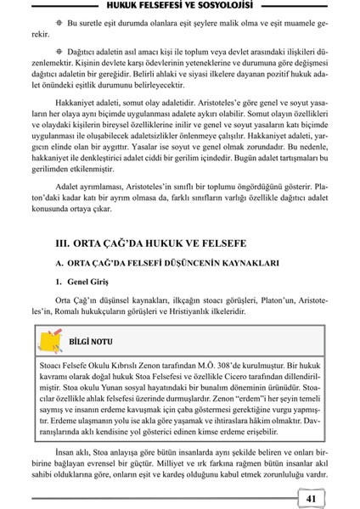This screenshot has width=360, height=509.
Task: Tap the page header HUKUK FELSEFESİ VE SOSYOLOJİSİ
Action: click(180, 8)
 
